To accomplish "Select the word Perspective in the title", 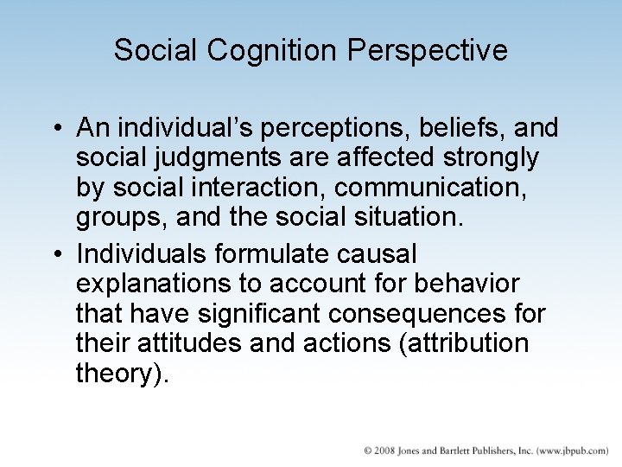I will [428, 50].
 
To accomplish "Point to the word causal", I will [384, 254].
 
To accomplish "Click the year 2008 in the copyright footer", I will [383, 451].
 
